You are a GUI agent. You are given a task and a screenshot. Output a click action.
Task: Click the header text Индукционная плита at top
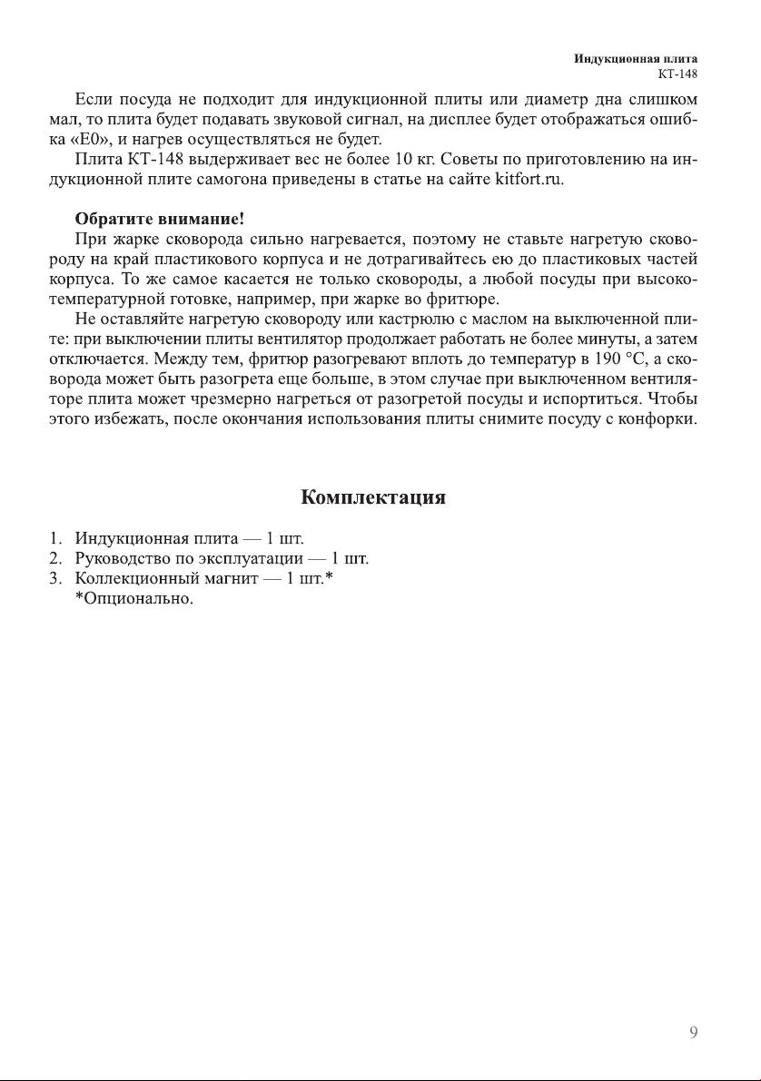coord(635,59)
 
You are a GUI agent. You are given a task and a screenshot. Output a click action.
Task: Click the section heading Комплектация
coord(372,497)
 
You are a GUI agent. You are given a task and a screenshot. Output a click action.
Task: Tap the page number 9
coord(694,1032)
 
